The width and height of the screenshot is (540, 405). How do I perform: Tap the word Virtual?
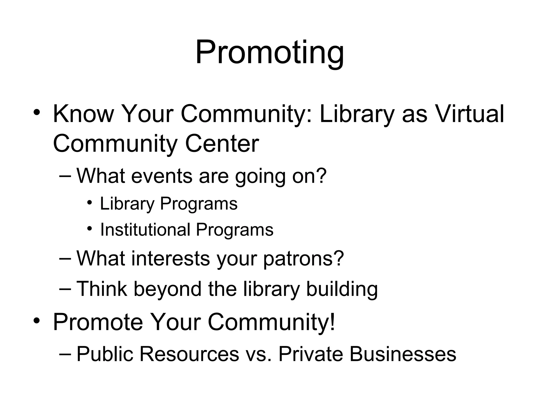coord(470,114)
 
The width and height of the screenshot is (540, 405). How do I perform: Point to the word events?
coord(162,176)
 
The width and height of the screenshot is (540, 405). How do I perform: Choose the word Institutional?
coord(145,230)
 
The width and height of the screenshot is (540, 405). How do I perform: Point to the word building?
coord(342,289)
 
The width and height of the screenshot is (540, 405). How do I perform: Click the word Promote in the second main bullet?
coord(98,322)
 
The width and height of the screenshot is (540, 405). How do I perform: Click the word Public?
coord(105,354)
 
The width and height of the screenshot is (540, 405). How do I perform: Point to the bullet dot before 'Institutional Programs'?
coord(90,228)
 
